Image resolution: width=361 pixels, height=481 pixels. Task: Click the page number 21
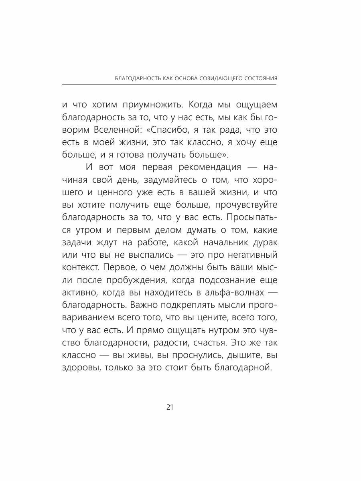(x=169, y=407)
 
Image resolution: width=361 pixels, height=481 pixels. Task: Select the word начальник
(x=210, y=243)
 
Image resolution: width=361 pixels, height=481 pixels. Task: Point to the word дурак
(x=262, y=243)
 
